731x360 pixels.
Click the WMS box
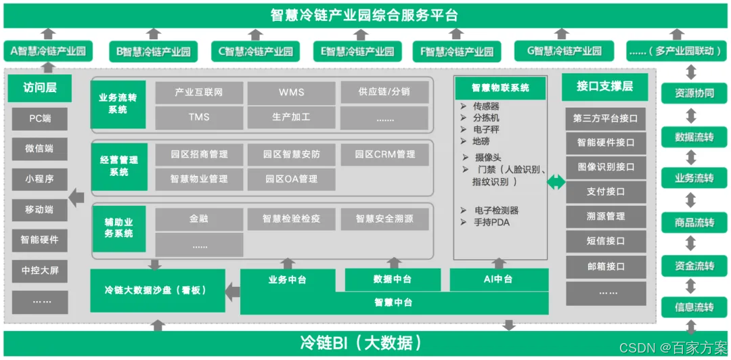click(x=292, y=92)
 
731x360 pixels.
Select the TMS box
click(x=199, y=117)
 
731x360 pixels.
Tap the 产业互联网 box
click(x=199, y=92)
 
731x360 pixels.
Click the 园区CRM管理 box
click(x=385, y=154)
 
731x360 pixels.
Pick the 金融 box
click(x=199, y=219)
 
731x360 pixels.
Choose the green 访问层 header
click(x=40, y=88)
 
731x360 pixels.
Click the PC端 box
click(x=40, y=118)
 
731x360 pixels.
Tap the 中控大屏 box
click(x=40, y=271)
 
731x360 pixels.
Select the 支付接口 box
click(x=606, y=192)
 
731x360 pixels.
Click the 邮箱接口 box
click(x=606, y=267)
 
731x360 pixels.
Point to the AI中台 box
click(x=500, y=279)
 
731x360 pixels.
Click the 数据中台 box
click(x=393, y=279)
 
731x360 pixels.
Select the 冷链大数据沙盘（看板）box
click(x=158, y=290)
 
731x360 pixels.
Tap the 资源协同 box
click(x=694, y=93)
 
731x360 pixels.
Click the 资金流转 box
click(x=694, y=266)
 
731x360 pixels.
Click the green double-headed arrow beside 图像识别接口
click(x=555, y=181)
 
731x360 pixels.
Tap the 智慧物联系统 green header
click(x=501, y=87)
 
